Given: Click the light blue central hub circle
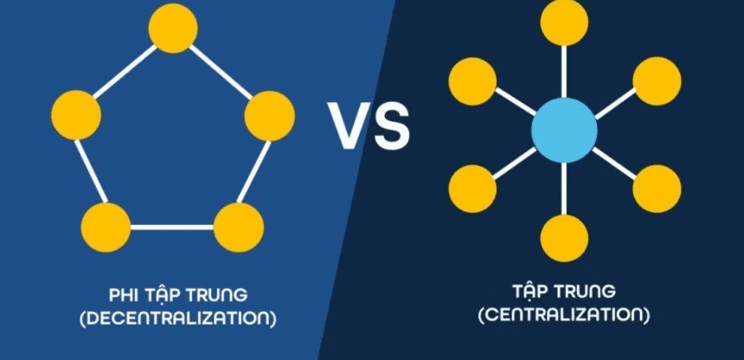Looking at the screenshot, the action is click(564, 130).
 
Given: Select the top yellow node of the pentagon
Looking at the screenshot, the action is click(173, 28).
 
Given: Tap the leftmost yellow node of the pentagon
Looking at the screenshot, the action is click(76, 115).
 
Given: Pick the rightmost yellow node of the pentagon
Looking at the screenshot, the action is click(270, 116).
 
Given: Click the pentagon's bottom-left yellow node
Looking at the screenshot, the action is click(106, 227).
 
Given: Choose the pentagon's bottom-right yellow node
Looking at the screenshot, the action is click(239, 227).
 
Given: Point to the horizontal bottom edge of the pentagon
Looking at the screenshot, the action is click(172, 227).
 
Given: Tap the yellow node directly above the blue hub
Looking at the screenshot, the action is click(564, 22).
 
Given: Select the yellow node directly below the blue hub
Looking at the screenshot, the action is click(564, 238).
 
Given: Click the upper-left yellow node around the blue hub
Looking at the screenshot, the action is click(472, 81).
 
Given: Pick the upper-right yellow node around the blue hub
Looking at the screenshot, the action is click(657, 80).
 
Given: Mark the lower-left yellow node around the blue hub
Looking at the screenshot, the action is click(472, 189).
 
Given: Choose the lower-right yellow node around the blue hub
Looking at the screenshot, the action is click(657, 189).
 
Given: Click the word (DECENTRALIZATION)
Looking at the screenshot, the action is click(178, 318).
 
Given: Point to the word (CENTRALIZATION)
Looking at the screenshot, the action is click(564, 315).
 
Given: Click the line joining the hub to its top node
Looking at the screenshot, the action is click(564, 72).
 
